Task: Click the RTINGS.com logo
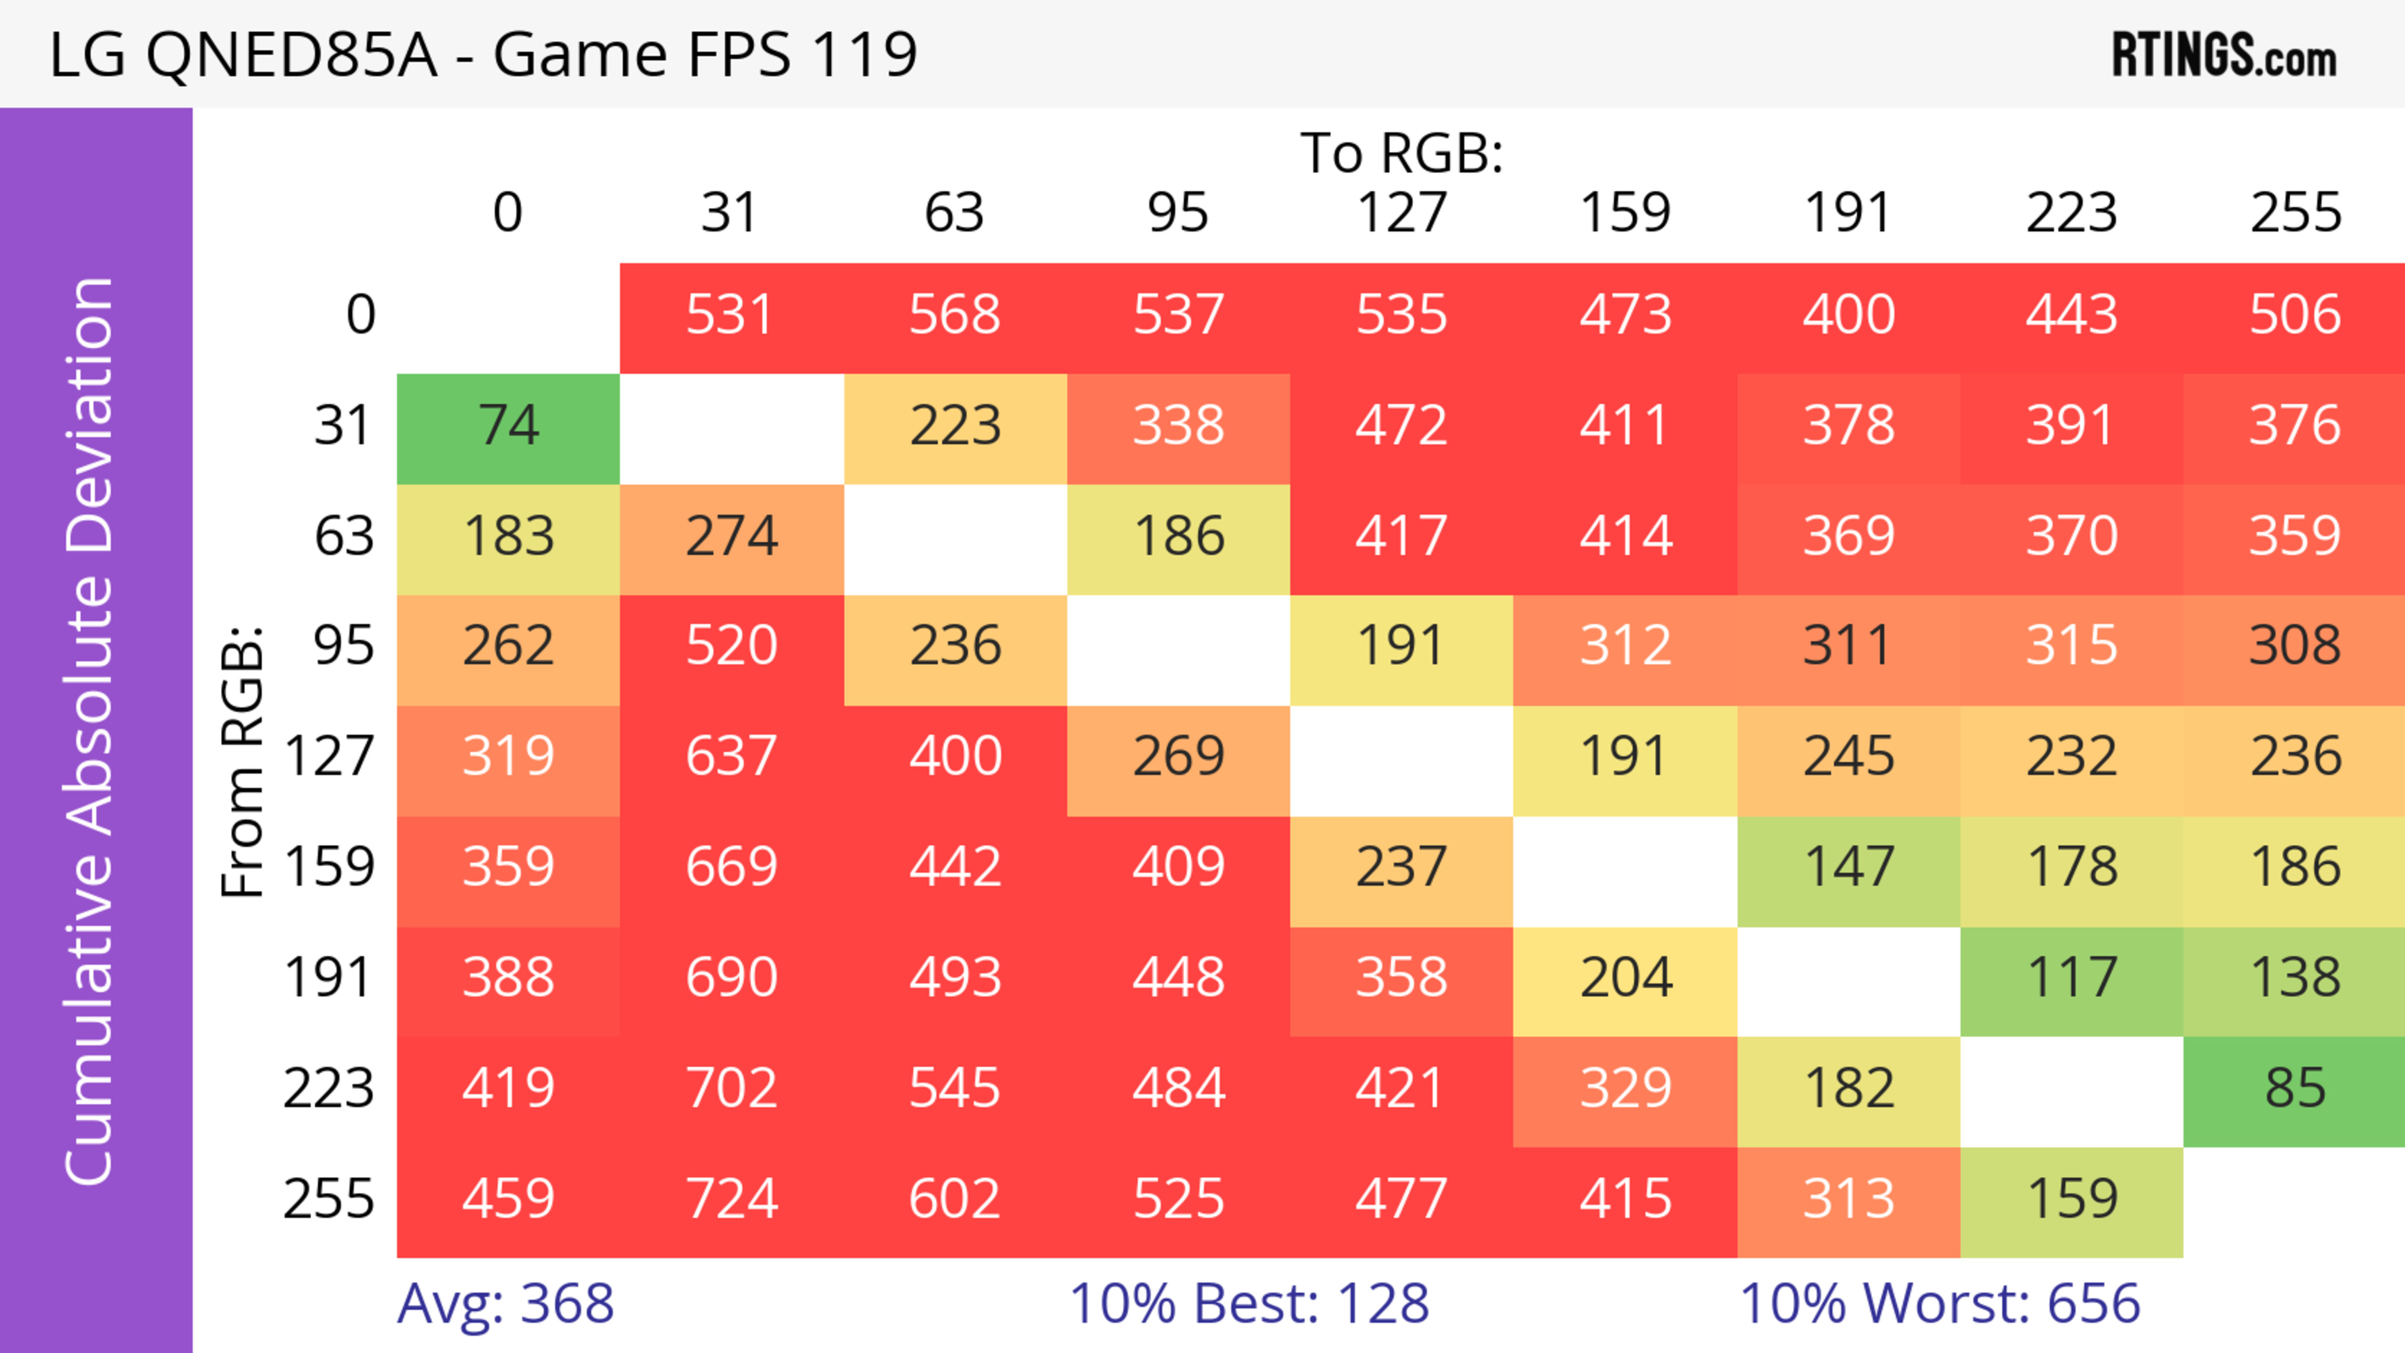coord(2224,54)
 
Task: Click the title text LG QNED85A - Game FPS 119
coord(483,54)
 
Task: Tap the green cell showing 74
coord(508,426)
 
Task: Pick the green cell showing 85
coord(2294,1088)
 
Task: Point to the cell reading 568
coord(954,314)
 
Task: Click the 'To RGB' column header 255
coord(2294,213)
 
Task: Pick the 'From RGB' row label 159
coord(329,867)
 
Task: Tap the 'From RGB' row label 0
coord(360,314)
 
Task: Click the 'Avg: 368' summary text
coord(505,1304)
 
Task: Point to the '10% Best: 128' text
coord(1248,1304)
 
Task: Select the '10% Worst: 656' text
coord(1939,1304)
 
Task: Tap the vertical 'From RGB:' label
coord(242,761)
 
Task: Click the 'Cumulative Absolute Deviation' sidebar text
coord(91,731)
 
